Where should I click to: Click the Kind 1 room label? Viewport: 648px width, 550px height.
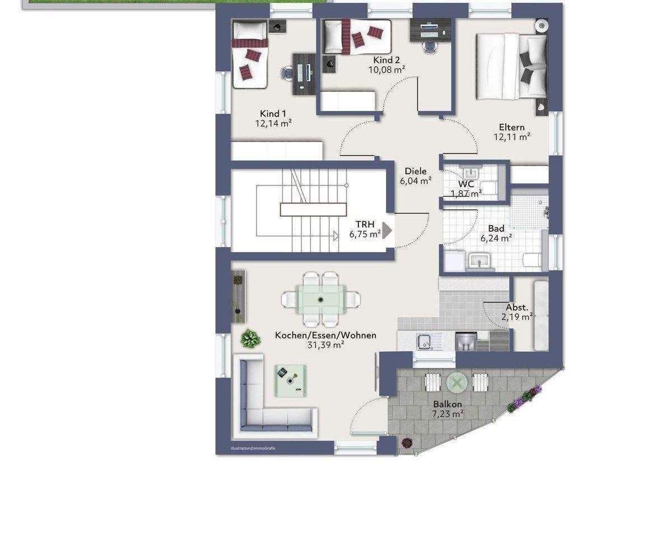[x=273, y=114]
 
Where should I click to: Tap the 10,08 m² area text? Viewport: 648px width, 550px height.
[x=386, y=69]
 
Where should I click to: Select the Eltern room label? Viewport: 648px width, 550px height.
[x=511, y=127]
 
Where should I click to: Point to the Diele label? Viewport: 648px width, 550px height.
[x=416, y=171]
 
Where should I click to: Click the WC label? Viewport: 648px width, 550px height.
[x=466, y=184]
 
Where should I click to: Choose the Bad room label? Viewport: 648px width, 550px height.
[x=496, y=229]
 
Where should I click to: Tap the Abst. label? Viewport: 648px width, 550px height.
[x=517, y=307]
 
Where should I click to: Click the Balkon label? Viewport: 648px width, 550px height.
[x=447, y=404]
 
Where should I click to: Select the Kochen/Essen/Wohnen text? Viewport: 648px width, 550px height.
[x=325, y=335]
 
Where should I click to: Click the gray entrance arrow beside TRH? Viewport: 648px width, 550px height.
[x=386, y=231]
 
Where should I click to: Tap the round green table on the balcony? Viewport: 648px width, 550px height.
[x=456, y=383]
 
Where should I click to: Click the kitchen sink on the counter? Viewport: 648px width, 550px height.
[x=425, y=341]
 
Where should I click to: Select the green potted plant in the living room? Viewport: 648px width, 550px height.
[x=250, y=338]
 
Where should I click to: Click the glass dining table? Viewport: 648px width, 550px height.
[x=321, y=299]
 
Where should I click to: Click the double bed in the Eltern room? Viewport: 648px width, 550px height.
[x=511, y=67]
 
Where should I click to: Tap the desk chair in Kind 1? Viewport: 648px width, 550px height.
[x=286, y=73]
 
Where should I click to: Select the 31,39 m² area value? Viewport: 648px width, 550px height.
[x=325, y=345]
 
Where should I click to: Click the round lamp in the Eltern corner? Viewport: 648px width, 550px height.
[x=541, y=26]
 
